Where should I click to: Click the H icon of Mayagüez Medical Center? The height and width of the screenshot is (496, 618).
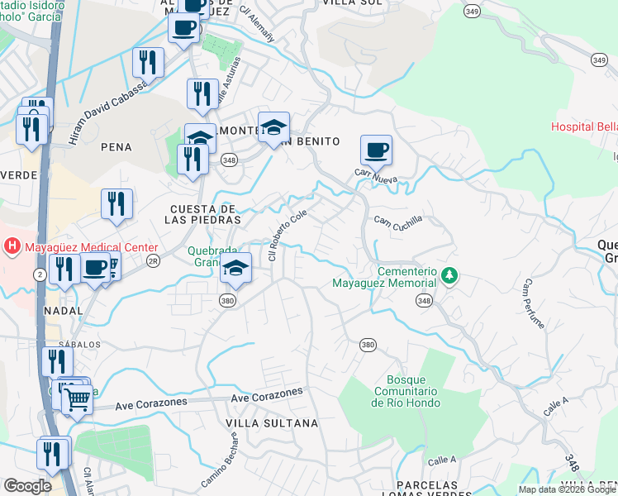click(x=12, y=246)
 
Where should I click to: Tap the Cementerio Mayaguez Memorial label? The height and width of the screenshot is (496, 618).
click(x=383, y=277)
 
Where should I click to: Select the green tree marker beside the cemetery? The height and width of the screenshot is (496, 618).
click(x=449, y=275)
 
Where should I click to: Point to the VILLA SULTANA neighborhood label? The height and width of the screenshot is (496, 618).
click(x=272, y=423)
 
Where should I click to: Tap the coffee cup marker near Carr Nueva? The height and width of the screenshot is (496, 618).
click(x=376, y=150)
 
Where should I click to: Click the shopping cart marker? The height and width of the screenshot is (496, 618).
click(x=78, y=400)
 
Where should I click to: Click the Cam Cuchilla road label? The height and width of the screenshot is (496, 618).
click(x=397, y=221)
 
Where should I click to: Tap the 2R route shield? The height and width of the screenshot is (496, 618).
click(x=152, y=260)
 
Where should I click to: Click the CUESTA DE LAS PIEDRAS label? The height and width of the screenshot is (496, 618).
click(x=204, y=214)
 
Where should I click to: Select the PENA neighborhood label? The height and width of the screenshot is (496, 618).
click(x=116, y=146)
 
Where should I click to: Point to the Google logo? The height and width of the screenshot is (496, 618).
click(x=27, y=485)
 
